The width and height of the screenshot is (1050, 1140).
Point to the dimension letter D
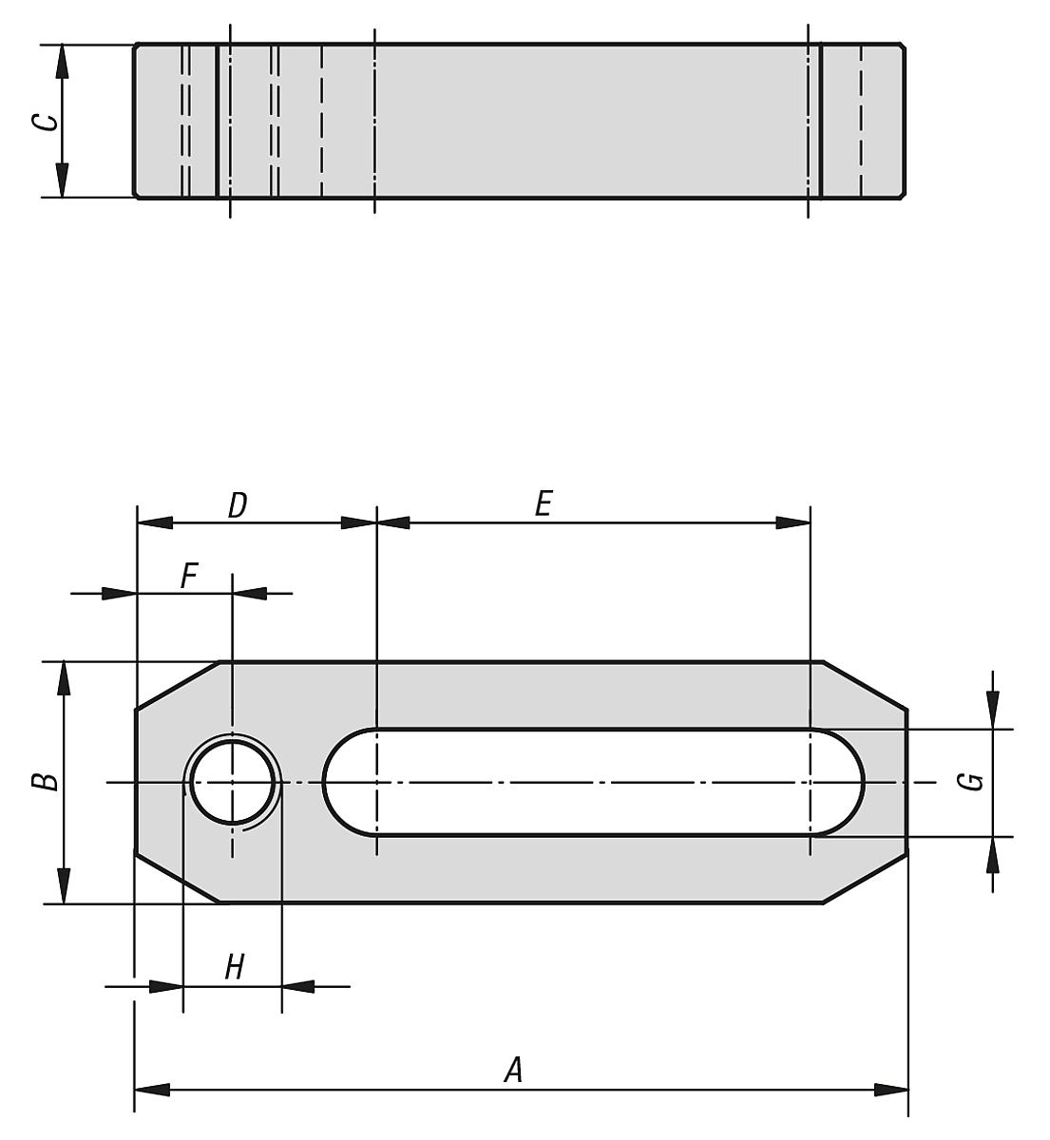click(x=238, y=505)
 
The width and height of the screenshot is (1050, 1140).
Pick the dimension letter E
click(x=543, y=503)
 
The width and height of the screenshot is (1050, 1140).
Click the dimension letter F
click(x=189, y=576)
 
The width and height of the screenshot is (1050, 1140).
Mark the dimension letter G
click(x=970, y=782)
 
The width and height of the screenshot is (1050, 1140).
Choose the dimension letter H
click(x=234, y=968)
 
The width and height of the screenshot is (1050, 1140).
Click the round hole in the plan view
click(x=233, y=783)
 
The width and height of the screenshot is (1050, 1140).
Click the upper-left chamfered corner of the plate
click(x=178, y=685)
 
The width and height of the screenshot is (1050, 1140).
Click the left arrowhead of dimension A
click(x=152, y=1089)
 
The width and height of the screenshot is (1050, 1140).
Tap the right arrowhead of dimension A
click(x=891, y=1089)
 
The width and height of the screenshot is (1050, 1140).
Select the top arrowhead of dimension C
click(x=62, y=61)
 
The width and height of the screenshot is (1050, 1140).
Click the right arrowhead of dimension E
click(x=792, y=522)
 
